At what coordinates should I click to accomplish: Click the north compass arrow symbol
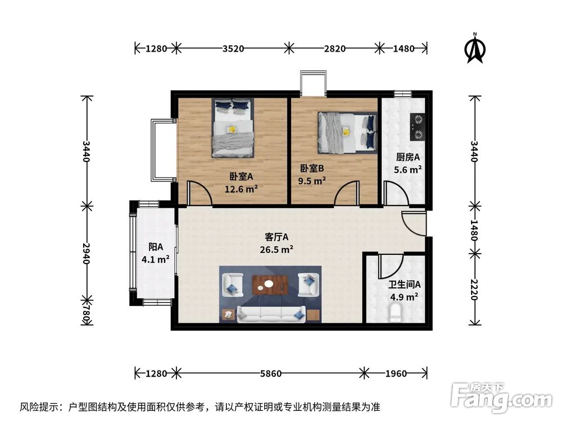475,49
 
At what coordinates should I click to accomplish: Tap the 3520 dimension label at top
233,48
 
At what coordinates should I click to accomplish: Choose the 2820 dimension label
334,48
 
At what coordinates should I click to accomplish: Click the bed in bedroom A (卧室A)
233,128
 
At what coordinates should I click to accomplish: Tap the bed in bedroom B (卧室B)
347,132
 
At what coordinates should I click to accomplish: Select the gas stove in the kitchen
417,126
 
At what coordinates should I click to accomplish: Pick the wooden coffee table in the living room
270,285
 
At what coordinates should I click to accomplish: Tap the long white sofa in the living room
271,313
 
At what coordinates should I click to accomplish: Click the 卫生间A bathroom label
404,285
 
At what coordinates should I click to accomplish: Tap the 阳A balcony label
156,247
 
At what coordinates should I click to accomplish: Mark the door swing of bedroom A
198,194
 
